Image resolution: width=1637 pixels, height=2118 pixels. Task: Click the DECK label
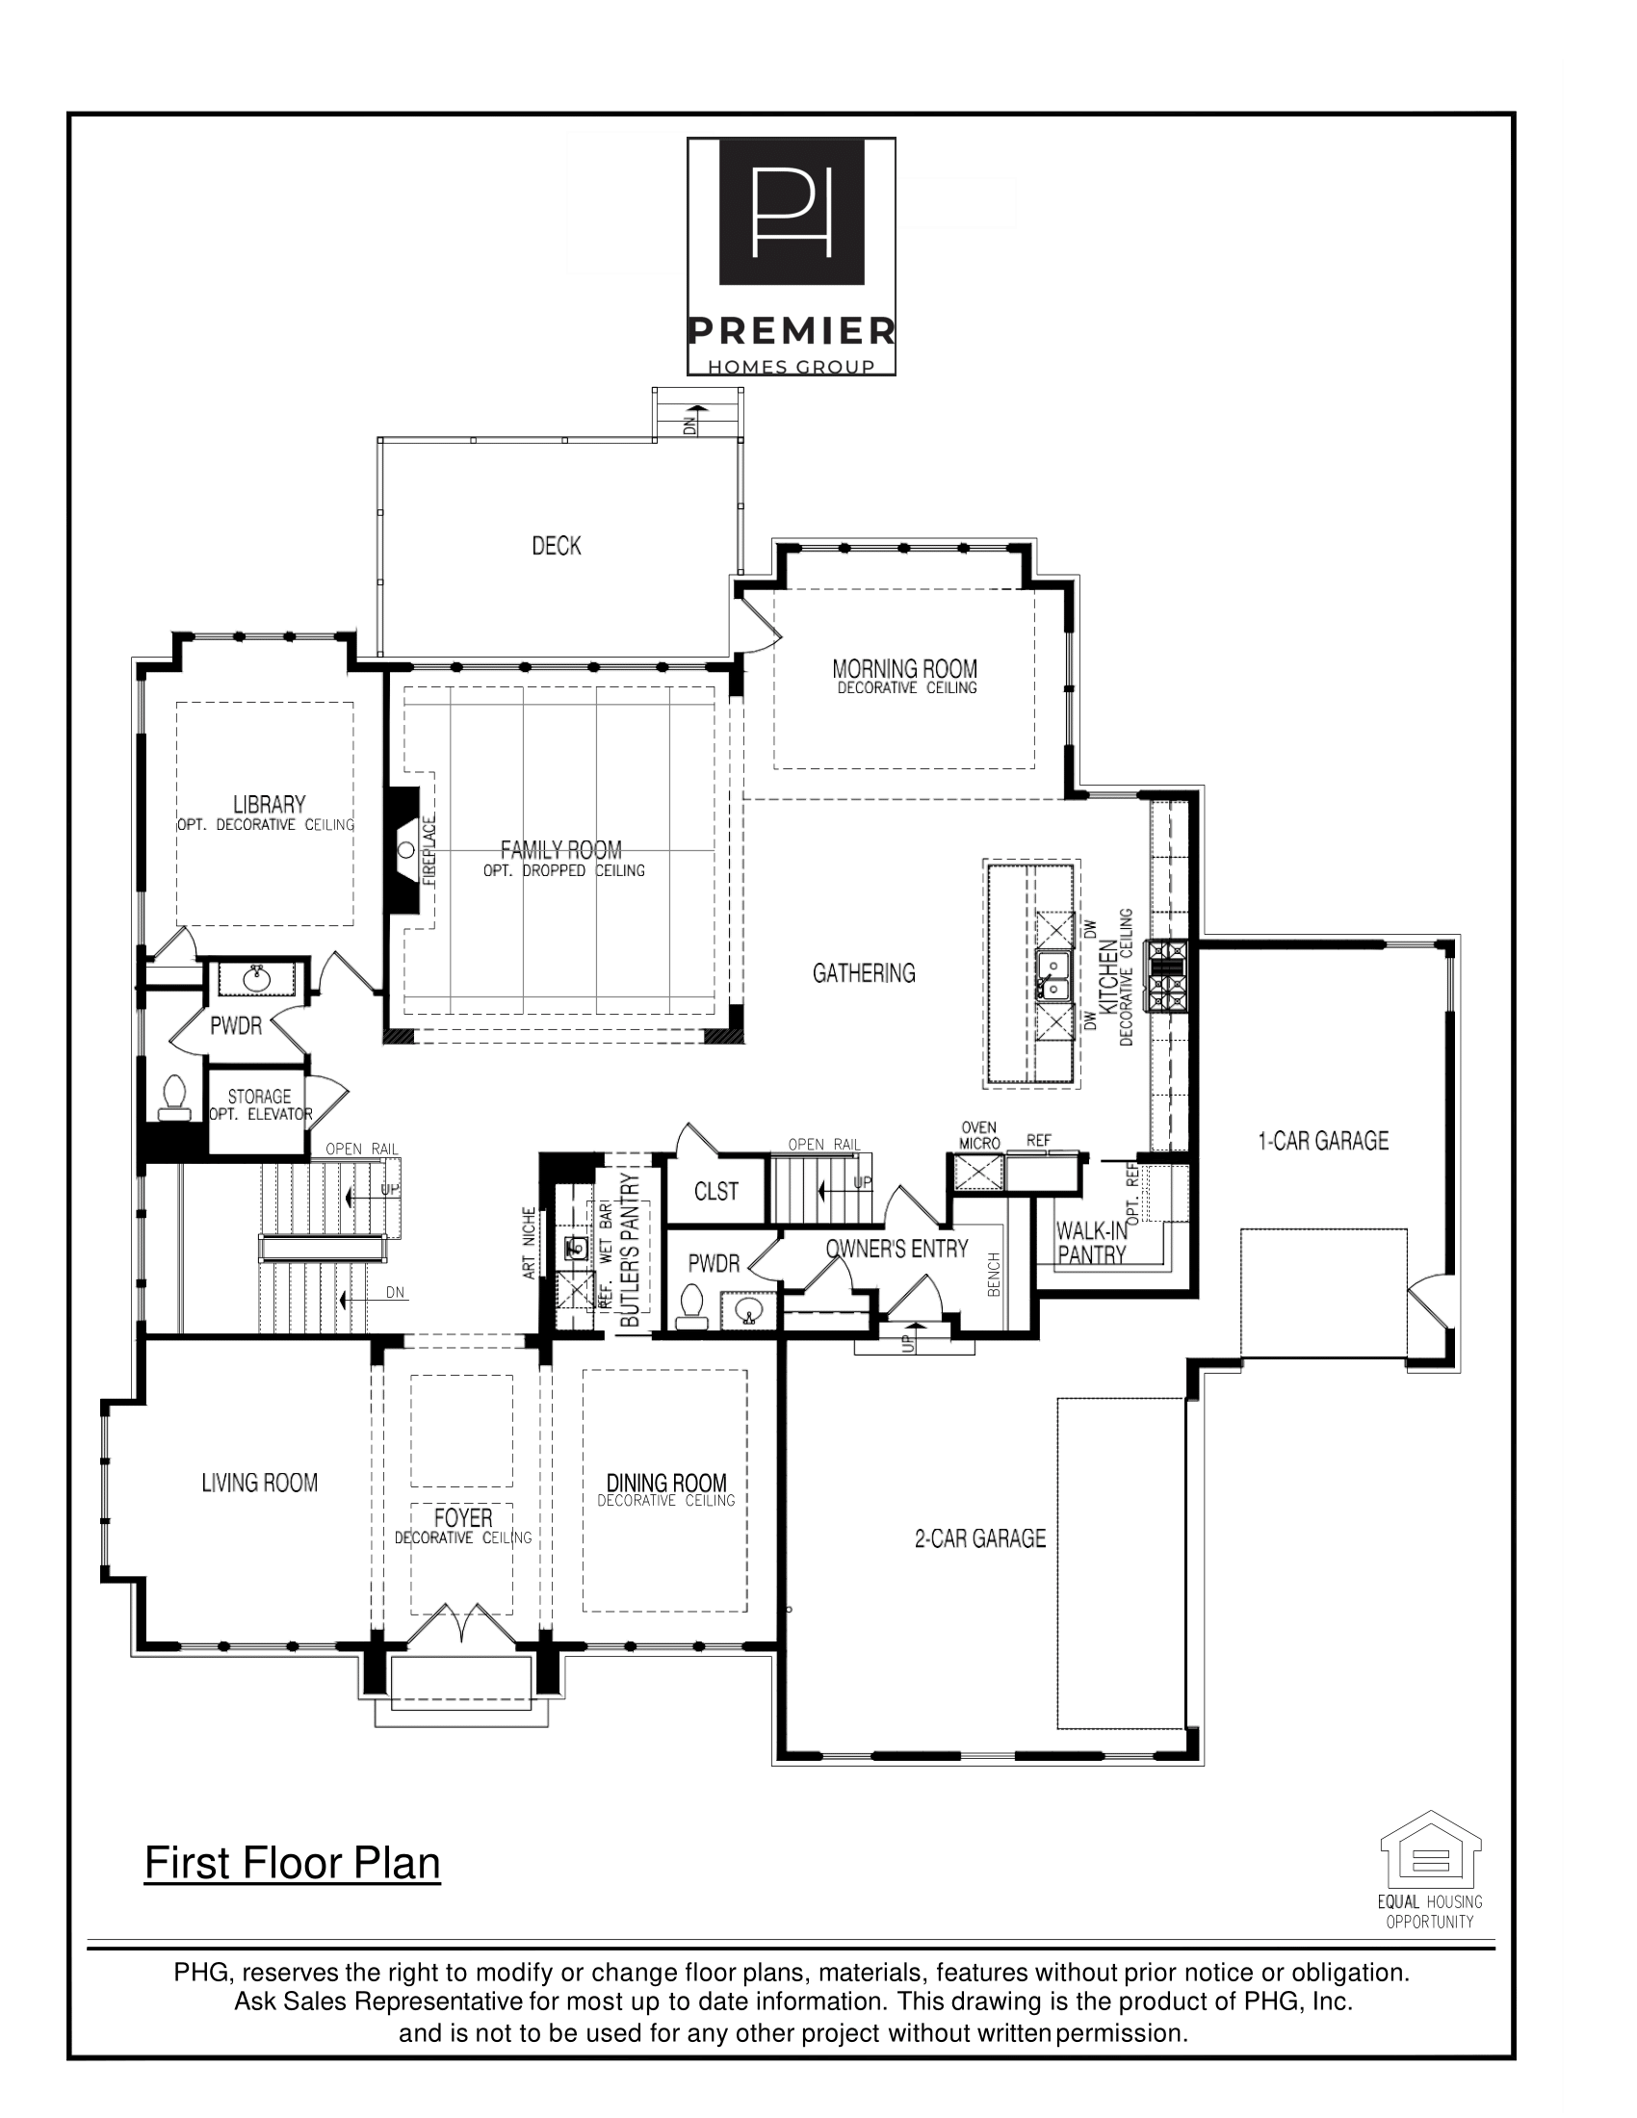pyautogui.click(x=556, y=546)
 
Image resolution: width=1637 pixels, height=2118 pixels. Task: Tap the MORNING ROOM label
pyautogui.click(x=905, y=668)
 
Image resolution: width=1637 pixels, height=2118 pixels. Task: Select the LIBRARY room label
pyautogui.click(x=269, y=804)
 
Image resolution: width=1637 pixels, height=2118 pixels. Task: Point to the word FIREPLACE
pyautogui.click(x=429, y=849)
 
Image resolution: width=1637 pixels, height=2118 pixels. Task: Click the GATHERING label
pyautogui.click(x=863, y=972)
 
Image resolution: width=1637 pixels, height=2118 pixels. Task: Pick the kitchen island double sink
pyautogui.click(x=1052, y=974)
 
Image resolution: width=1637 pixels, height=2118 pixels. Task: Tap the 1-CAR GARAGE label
pyautogui.click(x=1323, y=1141)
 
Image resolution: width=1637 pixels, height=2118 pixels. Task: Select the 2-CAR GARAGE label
pyautogui.click(x=979, y=1538)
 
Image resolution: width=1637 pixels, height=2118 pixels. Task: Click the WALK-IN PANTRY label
pyautogui.click(x=1092, y=1242)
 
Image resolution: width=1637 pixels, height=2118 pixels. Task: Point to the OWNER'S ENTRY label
pyautogui.click(x=897, y=1249)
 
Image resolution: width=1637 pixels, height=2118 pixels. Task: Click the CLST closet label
pyautogui.click(x=715, y=1191)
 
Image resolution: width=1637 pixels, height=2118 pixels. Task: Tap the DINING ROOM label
pyautogui.click(x=666, y=1483)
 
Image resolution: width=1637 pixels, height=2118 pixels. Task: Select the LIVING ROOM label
pyautogui.click(x=259, y=1482)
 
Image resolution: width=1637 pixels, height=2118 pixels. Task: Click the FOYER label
pyautogui.click(x=462, y=1517)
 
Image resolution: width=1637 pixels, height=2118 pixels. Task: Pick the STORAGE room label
pyautogui.click(x=259, y=1097)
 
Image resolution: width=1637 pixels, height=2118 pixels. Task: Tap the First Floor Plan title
pyautogui.click(x=292, y=1863)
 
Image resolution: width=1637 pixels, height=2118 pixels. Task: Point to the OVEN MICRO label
pyautogui.click(x=978, y=1136)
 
